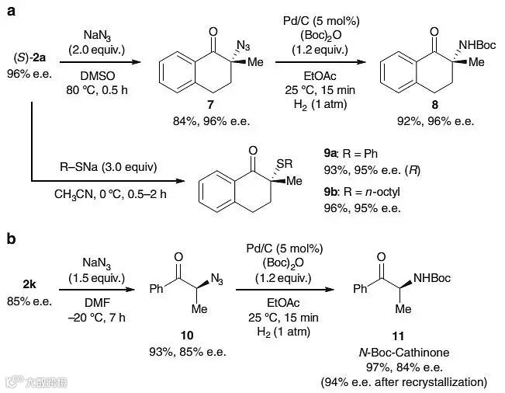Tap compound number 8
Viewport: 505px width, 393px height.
427,106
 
